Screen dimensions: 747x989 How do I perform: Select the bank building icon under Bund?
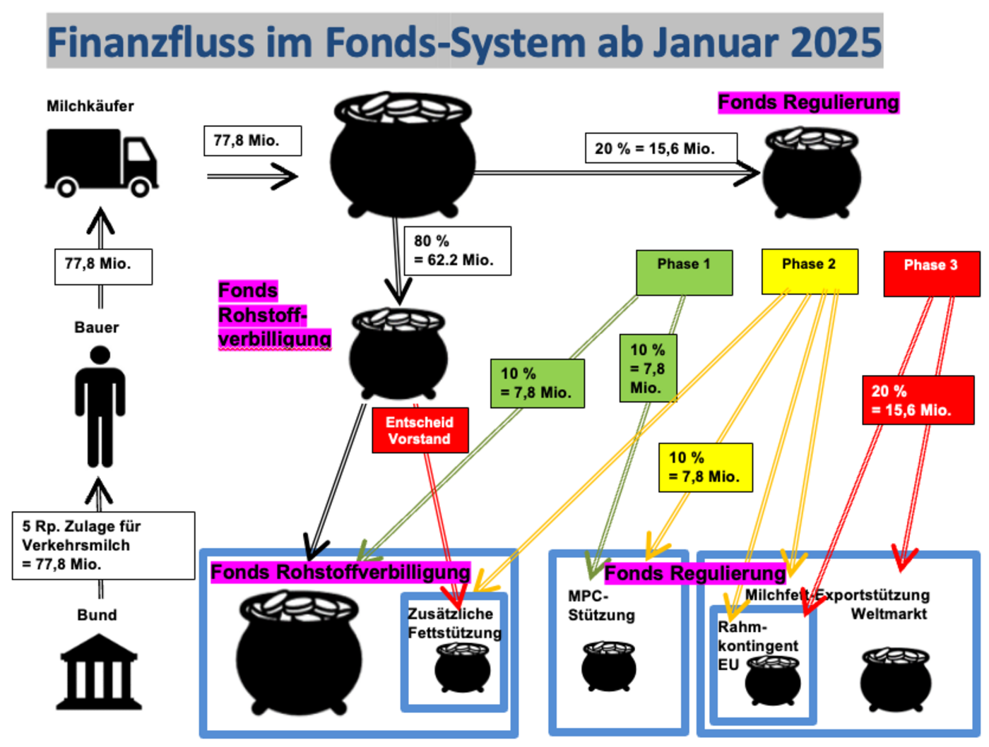tap(99, 672)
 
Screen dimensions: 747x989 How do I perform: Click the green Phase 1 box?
tap(684, 273)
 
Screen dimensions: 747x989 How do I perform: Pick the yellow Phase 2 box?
tap(809, 272)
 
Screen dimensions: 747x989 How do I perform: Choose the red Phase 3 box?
tap(931, 273)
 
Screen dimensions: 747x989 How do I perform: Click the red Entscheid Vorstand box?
tap(420, 430)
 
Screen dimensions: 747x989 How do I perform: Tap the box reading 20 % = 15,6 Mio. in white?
tap(661, 148)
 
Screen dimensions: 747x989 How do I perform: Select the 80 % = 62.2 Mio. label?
tap(456, 251)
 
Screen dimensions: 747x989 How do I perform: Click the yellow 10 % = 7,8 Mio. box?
tap(704, 467)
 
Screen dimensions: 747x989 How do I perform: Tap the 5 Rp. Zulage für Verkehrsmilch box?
tap(103, 545)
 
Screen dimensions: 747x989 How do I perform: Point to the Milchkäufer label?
tap(90, 106)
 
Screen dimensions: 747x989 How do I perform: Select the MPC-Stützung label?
tap(601, 605)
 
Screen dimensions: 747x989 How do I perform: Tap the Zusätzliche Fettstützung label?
tap(454, 623)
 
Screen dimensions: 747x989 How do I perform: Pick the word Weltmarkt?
tap(889, 614)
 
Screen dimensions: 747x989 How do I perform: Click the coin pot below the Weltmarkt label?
tap(895, 679)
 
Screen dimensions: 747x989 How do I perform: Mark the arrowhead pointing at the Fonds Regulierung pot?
tap(747, 172)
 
